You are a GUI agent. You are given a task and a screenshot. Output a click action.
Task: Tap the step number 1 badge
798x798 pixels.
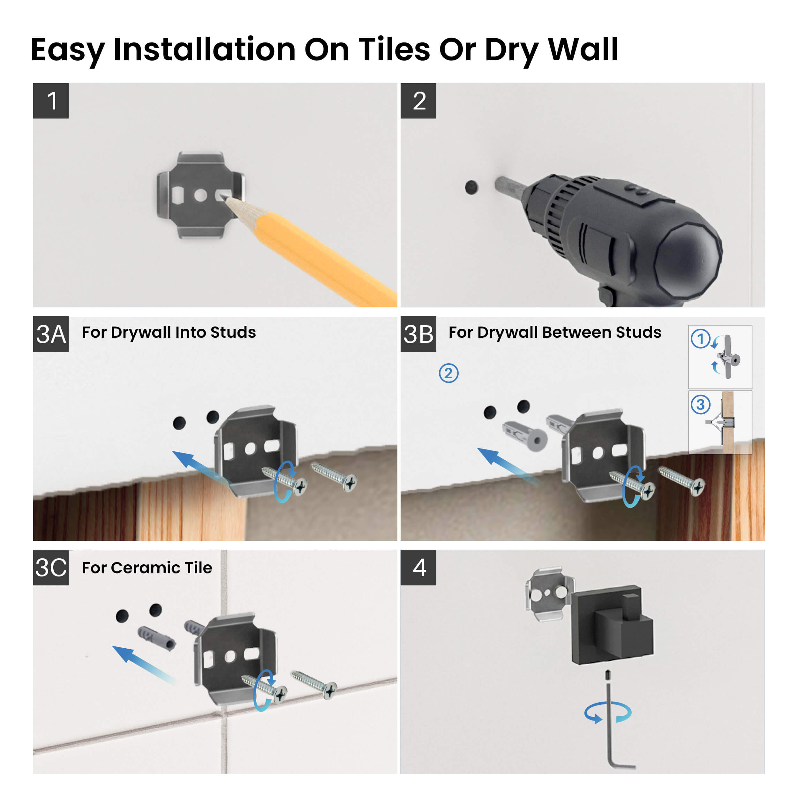click(51, 101)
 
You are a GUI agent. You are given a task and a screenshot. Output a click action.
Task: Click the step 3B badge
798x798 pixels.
click(418, 334)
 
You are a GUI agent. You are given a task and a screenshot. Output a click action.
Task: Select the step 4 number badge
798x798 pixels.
click(418, 567)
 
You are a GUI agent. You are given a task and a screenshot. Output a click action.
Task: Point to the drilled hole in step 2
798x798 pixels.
click(471, 187)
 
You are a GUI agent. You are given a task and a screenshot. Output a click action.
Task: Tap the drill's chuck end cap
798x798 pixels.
click(688, 260)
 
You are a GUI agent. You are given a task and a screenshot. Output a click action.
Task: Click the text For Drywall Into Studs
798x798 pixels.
click(169, 332)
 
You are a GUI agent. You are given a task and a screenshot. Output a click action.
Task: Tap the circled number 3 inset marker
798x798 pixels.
click(701, 404)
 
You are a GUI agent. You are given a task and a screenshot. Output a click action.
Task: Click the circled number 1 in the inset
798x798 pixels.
click(701, 339)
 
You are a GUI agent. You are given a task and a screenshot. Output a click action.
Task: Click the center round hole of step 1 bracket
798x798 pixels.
click(201, 195)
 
